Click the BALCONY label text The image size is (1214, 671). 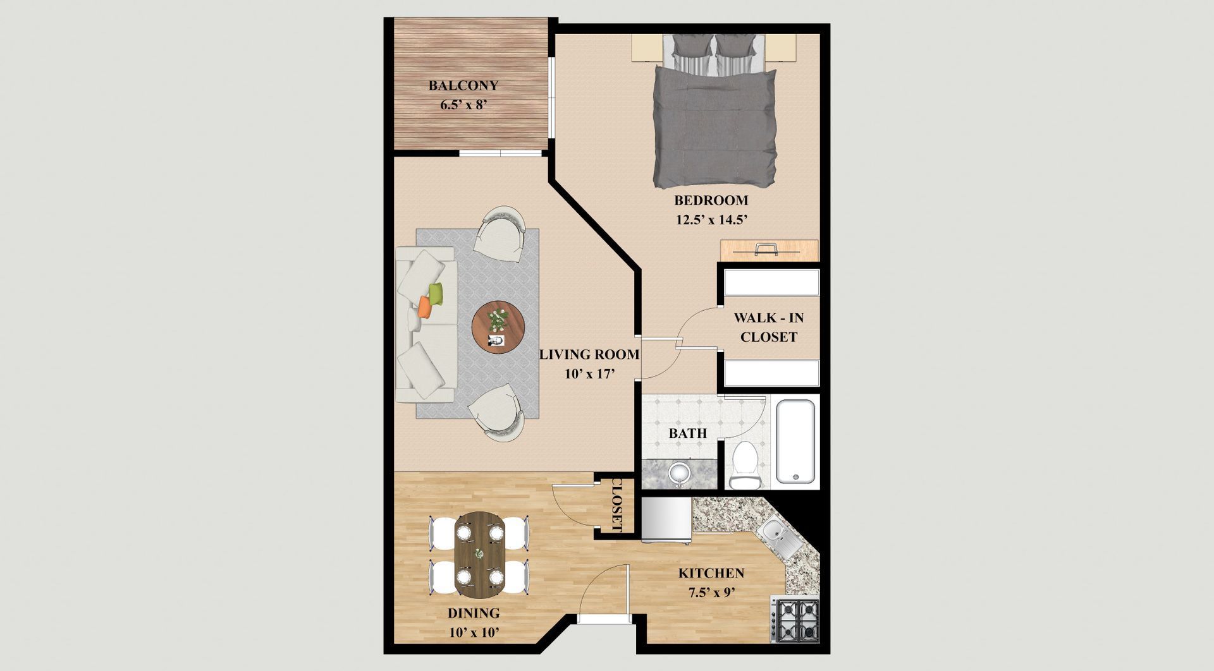(463, 85)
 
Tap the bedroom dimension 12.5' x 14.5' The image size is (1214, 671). (712, 221)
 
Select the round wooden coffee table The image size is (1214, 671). (498, 327)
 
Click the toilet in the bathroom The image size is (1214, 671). (745, 465)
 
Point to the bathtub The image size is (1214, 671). (795, 441)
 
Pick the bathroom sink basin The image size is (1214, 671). (679, 473)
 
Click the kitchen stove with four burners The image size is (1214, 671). (795, 620)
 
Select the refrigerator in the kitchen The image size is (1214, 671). (667, 520)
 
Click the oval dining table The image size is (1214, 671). (480, 555)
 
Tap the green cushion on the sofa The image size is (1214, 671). (436, 293)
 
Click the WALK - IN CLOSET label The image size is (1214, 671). (768, 327)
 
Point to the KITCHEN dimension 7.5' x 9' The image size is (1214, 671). (711, 593)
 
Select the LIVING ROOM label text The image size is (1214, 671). (589, 355)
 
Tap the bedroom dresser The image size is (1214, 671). (769, 250)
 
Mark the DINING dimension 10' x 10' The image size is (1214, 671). (474, 632)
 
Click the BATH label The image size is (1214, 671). (688, 433)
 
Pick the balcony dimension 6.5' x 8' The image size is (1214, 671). (463, 105)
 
